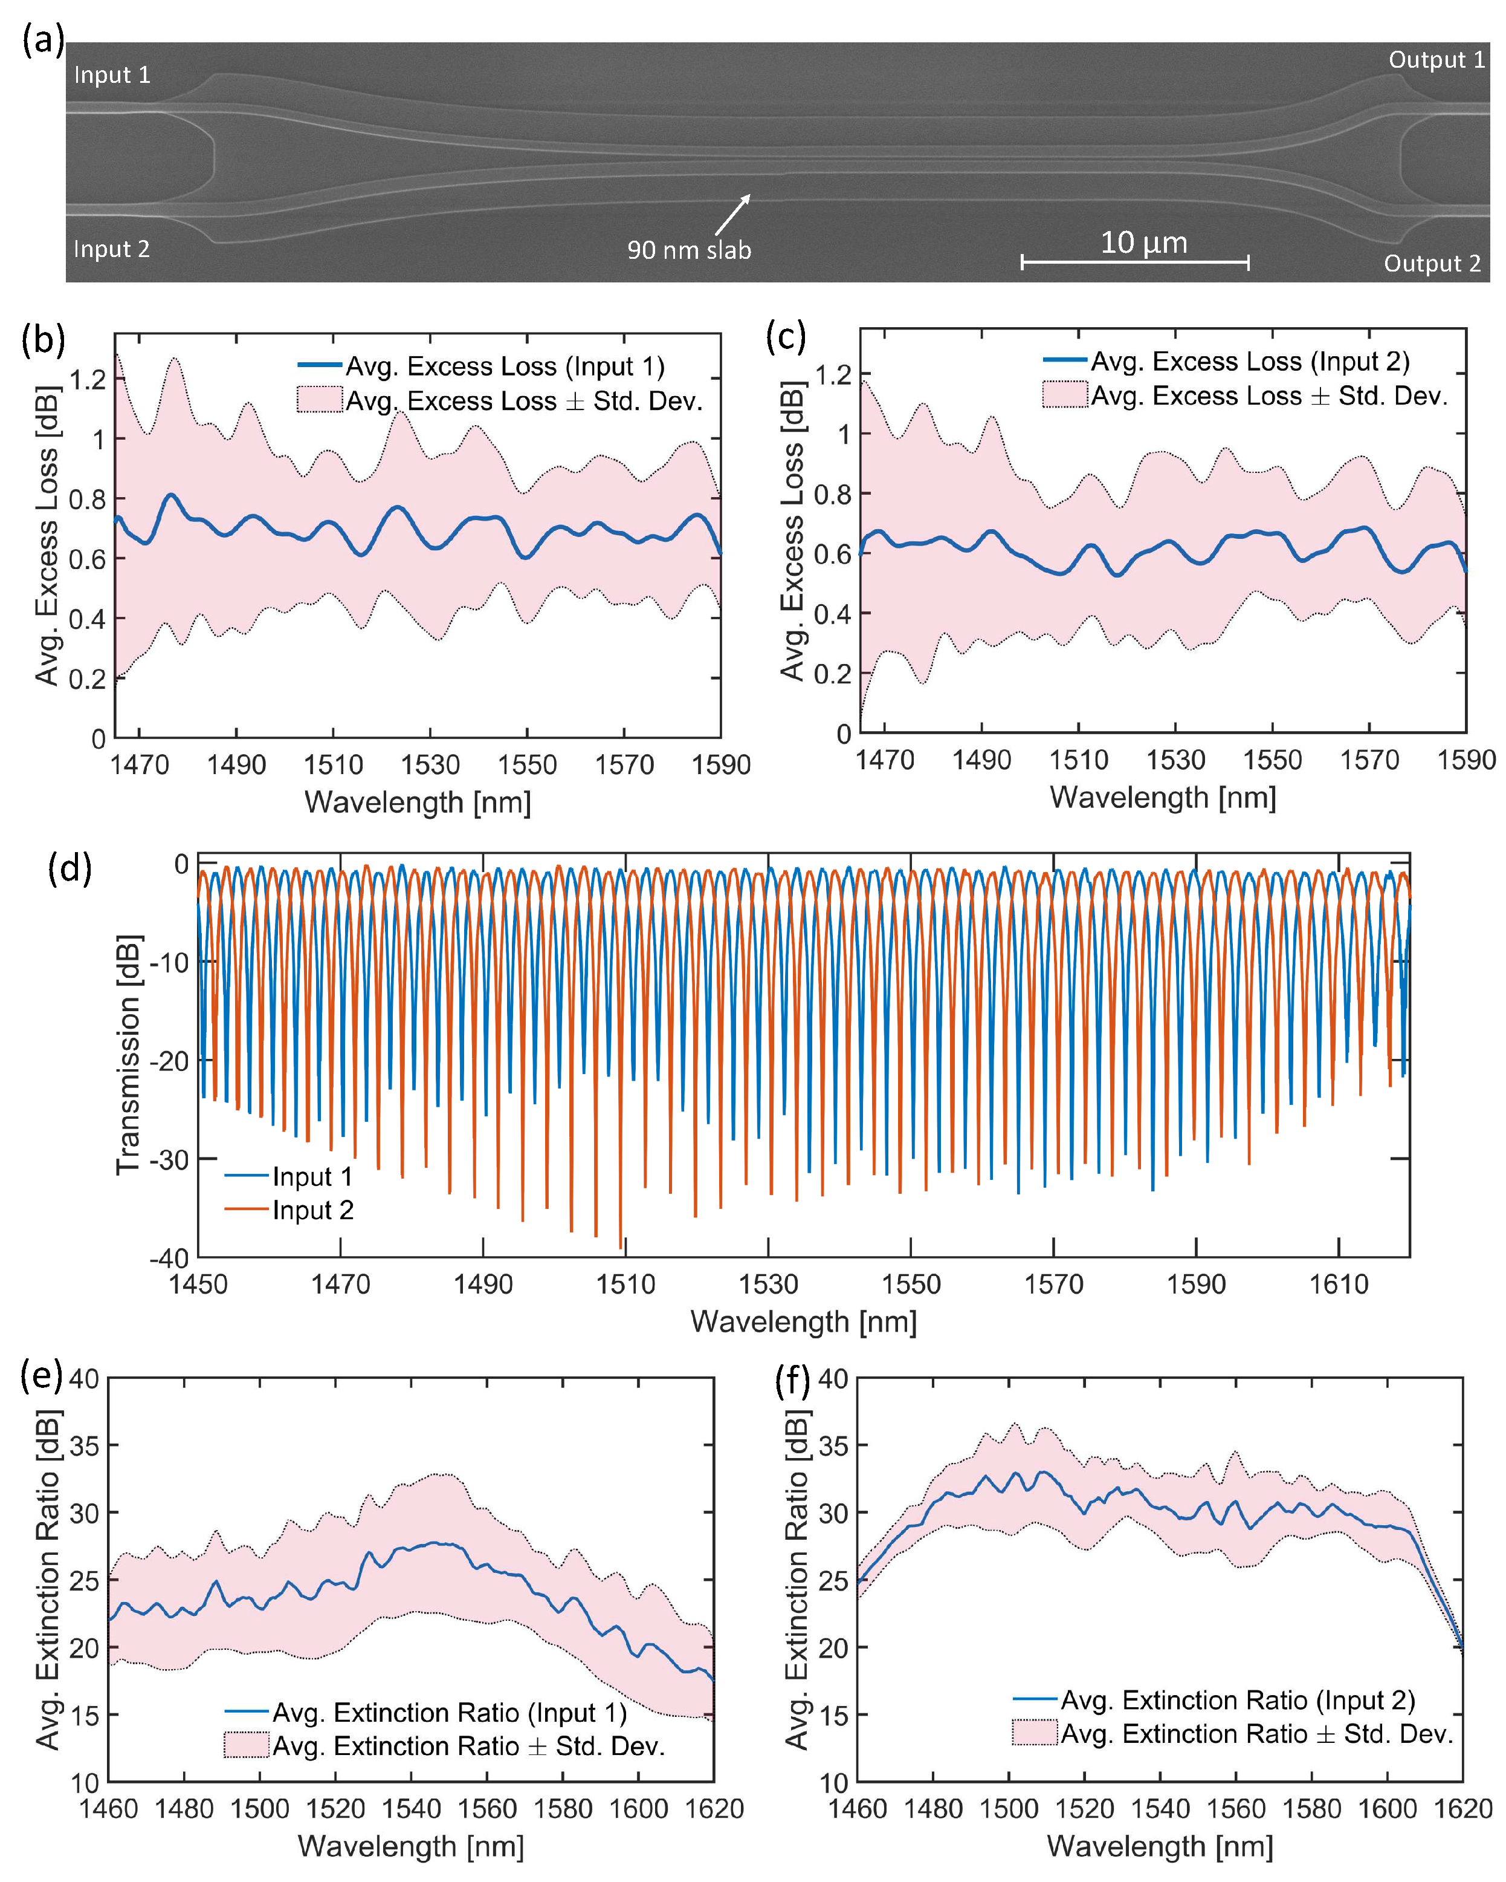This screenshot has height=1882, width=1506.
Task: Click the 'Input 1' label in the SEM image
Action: (x=112, y=75)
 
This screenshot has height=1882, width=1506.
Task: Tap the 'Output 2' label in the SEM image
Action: (x=1431, y=264)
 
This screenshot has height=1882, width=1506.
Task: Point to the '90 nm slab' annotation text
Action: (x=688, y=250)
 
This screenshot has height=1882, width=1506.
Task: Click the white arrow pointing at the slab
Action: (x=732, y=215)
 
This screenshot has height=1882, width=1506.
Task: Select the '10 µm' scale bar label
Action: (x=1143, y=243)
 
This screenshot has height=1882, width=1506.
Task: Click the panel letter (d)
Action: (x=70, y=870)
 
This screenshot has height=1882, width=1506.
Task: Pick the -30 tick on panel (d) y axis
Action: (x=169, y=1159)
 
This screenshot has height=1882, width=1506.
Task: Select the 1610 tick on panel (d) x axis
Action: (x=1339, y=1284)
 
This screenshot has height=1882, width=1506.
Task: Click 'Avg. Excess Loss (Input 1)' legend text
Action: (x=505, y=366)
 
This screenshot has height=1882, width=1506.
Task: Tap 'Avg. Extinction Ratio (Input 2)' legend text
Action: (x=1237, y=1701)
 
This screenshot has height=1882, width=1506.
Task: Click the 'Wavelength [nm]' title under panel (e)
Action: (x=411, y=1846)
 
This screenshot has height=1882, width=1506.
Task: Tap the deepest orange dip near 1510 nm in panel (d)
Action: (x=621, y=1248)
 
